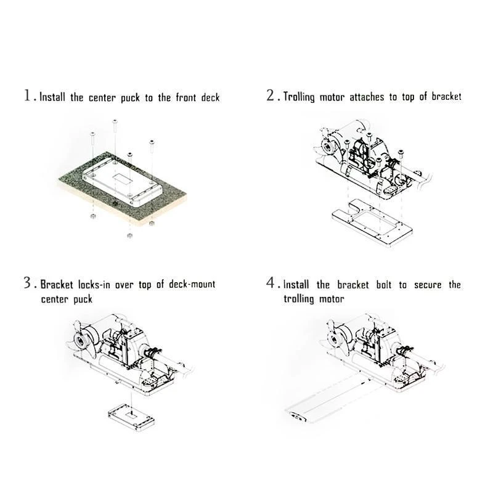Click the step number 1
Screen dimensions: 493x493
coord(28,96)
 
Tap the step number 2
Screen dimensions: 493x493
coord(271,95)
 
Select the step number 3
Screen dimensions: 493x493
coord(27,282)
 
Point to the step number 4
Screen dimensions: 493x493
coord(271,282)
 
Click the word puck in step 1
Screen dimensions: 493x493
coord(130,98)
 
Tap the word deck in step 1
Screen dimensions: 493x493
coord(210,97)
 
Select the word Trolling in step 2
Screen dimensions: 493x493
coord(299,97)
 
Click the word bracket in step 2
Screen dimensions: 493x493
coord(446,96)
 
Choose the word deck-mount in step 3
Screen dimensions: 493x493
coord(192,284)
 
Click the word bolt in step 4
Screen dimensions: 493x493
coord(383,285)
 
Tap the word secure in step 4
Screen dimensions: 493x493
coord(428,285)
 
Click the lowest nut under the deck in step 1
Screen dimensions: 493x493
coord(129,235)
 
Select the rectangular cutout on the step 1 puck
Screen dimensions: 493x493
coord(121,179)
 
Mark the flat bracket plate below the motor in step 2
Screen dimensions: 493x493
coord(372,222)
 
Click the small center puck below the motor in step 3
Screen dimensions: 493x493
coord(131,417)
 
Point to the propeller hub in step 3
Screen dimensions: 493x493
coord(81,341)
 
